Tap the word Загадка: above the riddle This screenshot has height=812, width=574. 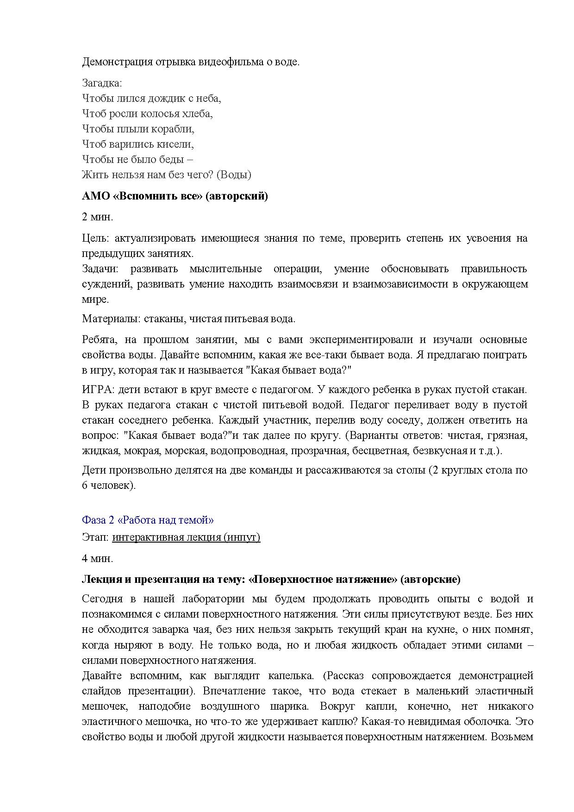click(x=102, y=83)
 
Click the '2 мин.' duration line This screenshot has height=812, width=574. click(x=97, y=217)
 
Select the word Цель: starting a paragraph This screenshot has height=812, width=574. click(x=95, y=238)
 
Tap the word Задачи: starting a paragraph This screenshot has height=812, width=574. click(x=100, y=269)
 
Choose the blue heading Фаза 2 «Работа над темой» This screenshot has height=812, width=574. click(x=148, y=520)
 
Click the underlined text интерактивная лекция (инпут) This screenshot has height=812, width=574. click(x=186, y=537)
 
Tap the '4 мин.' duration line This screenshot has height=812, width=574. click(x=97, y=558)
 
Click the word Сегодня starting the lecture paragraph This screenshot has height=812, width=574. click(x=102, y=599)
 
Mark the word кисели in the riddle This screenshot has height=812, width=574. click(x=178, y=144)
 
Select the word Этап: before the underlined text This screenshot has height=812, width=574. click(x=95, y=537)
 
